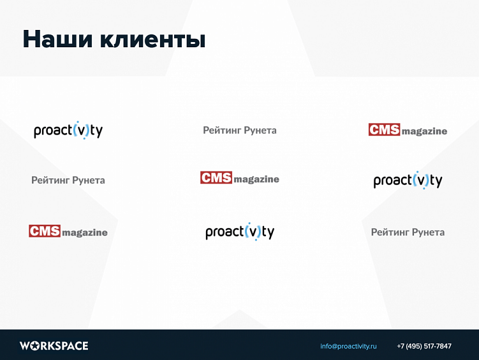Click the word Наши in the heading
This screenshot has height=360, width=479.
click(x=56, y=40)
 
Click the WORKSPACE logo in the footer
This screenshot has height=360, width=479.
click(x=54, y=346)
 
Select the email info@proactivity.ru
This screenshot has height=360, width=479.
click(x=348, y=346)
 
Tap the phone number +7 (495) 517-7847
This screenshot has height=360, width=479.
click(x=424, y=346)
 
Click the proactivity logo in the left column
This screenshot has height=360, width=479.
click(x=68, y=130)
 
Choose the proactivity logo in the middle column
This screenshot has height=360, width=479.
click(x=240, y=231)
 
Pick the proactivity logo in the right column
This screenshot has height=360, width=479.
click(x=408, y=180)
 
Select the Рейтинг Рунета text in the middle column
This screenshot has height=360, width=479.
click(x=240, y=130)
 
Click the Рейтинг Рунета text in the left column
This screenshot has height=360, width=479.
click(x=68, y=180)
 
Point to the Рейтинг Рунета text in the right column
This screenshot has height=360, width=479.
click(x=408, y=232)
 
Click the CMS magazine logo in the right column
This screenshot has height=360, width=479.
click(x=408, y=130)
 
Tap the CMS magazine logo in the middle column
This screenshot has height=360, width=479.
click(x=240, y=178)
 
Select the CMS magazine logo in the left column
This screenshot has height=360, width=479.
click(x=68, y=231)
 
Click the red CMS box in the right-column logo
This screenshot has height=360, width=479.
click(x=384, y=129)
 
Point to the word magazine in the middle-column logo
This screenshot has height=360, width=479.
click(x=256, y=180)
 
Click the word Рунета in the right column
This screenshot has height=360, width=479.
click(x=428, y=232)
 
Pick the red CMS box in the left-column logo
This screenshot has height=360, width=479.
click(x=45, y=231)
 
